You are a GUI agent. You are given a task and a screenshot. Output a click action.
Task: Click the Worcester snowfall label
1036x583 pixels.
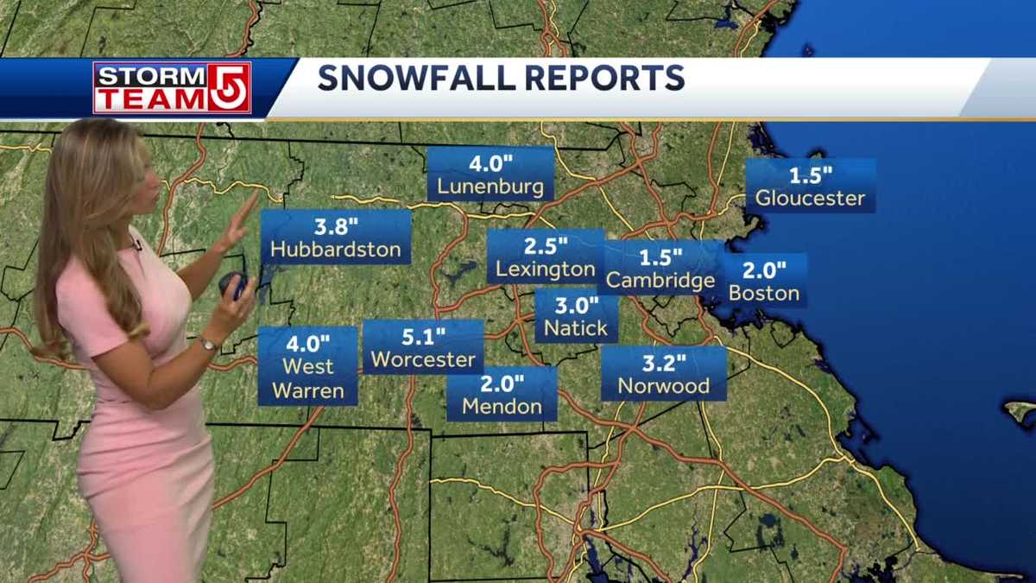tap(422, 347)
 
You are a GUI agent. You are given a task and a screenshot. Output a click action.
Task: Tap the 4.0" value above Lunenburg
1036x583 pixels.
tap(490, 162)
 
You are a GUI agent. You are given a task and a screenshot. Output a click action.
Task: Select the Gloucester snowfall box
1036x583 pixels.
tap(810, 186)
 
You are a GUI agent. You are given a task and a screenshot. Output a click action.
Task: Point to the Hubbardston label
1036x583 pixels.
tap(335, 250)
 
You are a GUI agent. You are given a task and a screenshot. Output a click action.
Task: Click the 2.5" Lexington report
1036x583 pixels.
tap(546, 257)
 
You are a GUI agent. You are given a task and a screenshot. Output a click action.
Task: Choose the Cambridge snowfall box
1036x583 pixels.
tap(660, 269)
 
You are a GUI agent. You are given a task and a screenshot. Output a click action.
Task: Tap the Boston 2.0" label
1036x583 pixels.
tap(764, 281)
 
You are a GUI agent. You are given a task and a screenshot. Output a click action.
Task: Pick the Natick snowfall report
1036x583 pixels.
tap(576, 317)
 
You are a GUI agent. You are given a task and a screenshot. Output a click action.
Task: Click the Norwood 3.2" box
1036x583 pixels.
tap(663, 374)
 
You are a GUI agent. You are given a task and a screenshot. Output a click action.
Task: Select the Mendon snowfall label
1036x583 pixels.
tap(502, 394)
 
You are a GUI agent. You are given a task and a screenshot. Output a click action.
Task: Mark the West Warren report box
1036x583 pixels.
tap(308, 366)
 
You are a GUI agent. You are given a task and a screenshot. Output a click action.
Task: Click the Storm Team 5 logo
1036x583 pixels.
tap(172, 88)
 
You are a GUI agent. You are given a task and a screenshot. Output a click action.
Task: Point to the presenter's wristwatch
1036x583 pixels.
tap(207, 344)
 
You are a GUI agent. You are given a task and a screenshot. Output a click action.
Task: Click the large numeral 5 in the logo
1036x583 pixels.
tap(229, 88)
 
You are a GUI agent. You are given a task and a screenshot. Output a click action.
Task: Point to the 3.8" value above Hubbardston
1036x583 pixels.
tap(335, 228)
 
